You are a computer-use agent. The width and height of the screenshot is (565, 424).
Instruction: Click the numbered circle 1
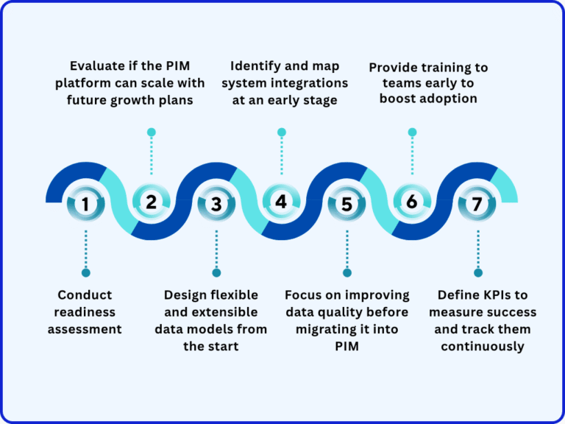tap(85, 205)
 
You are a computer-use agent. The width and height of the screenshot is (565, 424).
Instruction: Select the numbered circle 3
tap(216, 205)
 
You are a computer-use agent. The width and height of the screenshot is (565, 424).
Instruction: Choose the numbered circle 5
tap(347, 205)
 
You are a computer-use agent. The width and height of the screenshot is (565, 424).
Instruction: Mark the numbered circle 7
tap(477, 205)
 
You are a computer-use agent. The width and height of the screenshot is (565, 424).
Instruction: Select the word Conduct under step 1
tap(85, 294)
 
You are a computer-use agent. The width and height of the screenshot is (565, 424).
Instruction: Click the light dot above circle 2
tap(152, 132)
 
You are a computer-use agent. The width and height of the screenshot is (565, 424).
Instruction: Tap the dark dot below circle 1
tap(85, 273)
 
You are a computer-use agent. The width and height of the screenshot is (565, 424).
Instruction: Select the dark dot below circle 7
tap(477, 273)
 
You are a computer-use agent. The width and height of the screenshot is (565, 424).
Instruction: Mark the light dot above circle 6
tap(412, 132)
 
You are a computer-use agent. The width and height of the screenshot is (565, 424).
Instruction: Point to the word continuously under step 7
tap(483, 346)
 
